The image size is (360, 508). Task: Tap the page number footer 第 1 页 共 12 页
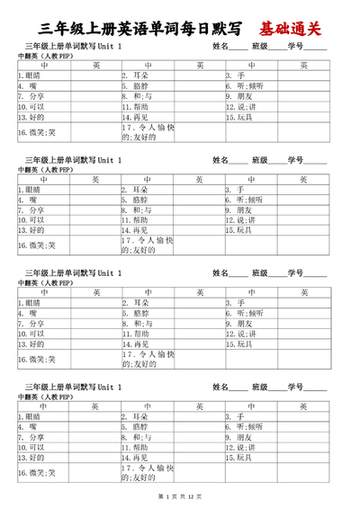tap(180, 496)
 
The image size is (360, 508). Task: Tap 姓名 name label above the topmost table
tap(220, 45)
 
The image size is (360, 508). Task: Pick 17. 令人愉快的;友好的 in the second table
tap(148, 246)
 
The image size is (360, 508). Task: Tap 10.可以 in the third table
tap(31, 333)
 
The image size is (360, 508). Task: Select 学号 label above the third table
tap(296, 272)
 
